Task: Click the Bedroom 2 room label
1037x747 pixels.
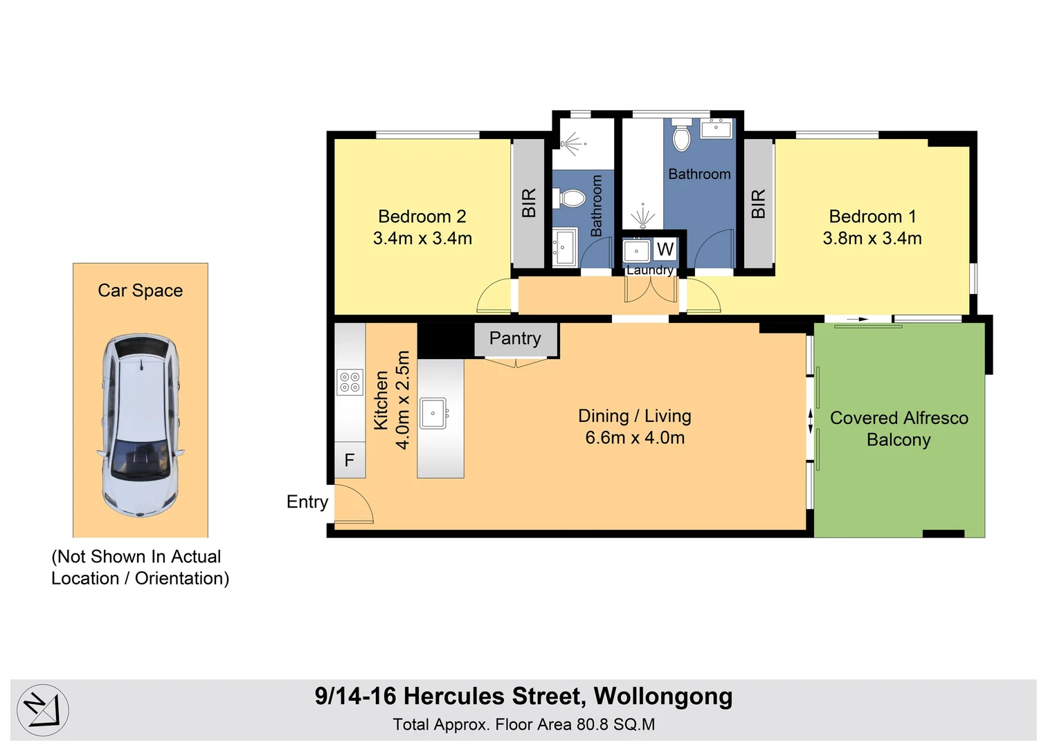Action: point(422,216)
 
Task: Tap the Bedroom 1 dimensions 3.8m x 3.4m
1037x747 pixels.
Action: point(872,238)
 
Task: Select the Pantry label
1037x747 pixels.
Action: point(515,339)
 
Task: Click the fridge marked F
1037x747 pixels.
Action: point(350,460)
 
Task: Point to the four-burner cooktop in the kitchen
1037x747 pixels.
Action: point(350,382)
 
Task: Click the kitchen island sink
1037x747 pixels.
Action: point(434,413)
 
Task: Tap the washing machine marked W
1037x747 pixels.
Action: point(665,249)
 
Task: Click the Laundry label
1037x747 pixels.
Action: point(650,270)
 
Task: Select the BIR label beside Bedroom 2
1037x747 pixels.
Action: point(528,203)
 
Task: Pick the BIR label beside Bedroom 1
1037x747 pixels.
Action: point(758,203)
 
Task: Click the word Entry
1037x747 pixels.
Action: point(307,502)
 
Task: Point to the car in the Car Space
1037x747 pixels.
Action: point(141,425)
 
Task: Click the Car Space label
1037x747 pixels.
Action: point(141,290)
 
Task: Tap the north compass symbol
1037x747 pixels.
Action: point(43,710)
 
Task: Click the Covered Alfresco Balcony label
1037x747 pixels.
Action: point(899,429)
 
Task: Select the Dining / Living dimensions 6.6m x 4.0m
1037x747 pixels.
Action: point(635,438)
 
